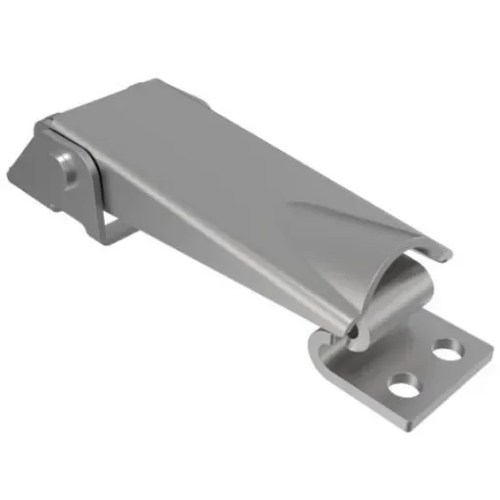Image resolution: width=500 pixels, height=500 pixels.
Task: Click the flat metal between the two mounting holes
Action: pos(425,368)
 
